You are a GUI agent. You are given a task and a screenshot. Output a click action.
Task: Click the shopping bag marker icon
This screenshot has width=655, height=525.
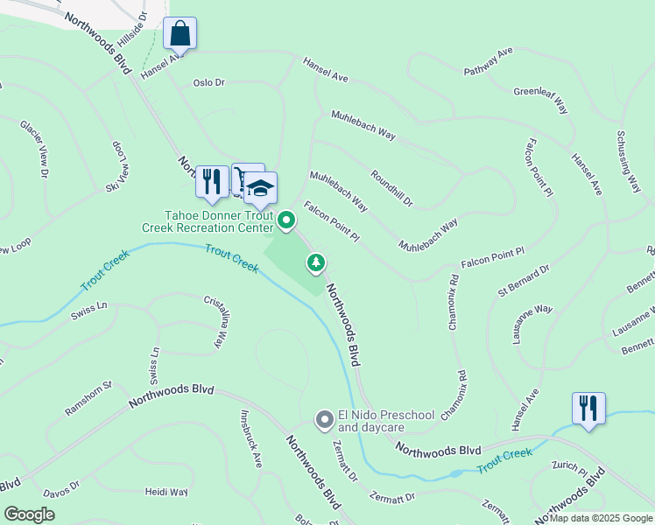point(180,34)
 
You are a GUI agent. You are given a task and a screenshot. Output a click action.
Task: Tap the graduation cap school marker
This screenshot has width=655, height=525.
point(260,188)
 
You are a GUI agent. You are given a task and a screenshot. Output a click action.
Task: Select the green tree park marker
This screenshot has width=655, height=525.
point(316,262)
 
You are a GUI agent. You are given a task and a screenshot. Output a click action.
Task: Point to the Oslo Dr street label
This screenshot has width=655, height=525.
point(209,83)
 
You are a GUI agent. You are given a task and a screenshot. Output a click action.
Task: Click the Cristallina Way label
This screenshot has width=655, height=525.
point(214,323)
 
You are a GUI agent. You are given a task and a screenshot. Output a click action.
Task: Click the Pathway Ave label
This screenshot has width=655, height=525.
point(488,63)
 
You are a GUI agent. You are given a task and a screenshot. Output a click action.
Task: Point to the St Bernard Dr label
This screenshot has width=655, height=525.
point(523,277)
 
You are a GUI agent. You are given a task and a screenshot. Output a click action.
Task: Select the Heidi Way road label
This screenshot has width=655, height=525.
point(166,492)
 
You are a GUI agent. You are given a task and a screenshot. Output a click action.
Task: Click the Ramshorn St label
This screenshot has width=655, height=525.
point(88,398)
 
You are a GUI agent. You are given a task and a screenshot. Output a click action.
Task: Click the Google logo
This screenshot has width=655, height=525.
point(29,514)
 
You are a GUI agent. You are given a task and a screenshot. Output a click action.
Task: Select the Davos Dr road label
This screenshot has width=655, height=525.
point(61,484)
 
